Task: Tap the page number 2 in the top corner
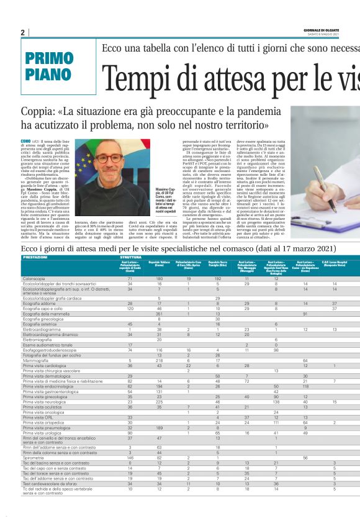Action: (x=22, y=32)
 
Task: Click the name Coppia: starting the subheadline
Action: (x=41, y=111)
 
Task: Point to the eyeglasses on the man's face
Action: (x=107, y=158)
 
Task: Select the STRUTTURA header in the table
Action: (x=132, y=257)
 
